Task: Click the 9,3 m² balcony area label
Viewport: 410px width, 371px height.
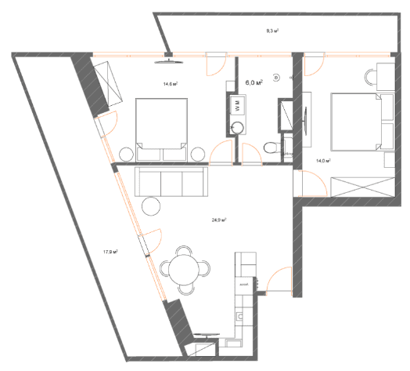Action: [273, 31]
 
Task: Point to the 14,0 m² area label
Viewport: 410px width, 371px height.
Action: [322, 161]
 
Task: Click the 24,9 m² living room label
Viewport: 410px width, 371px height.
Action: [219, 221]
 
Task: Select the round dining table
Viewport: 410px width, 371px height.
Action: [185, 268]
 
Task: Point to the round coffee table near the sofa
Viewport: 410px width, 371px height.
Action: [149, 206]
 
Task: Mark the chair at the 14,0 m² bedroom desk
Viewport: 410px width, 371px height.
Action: [369, 78]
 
